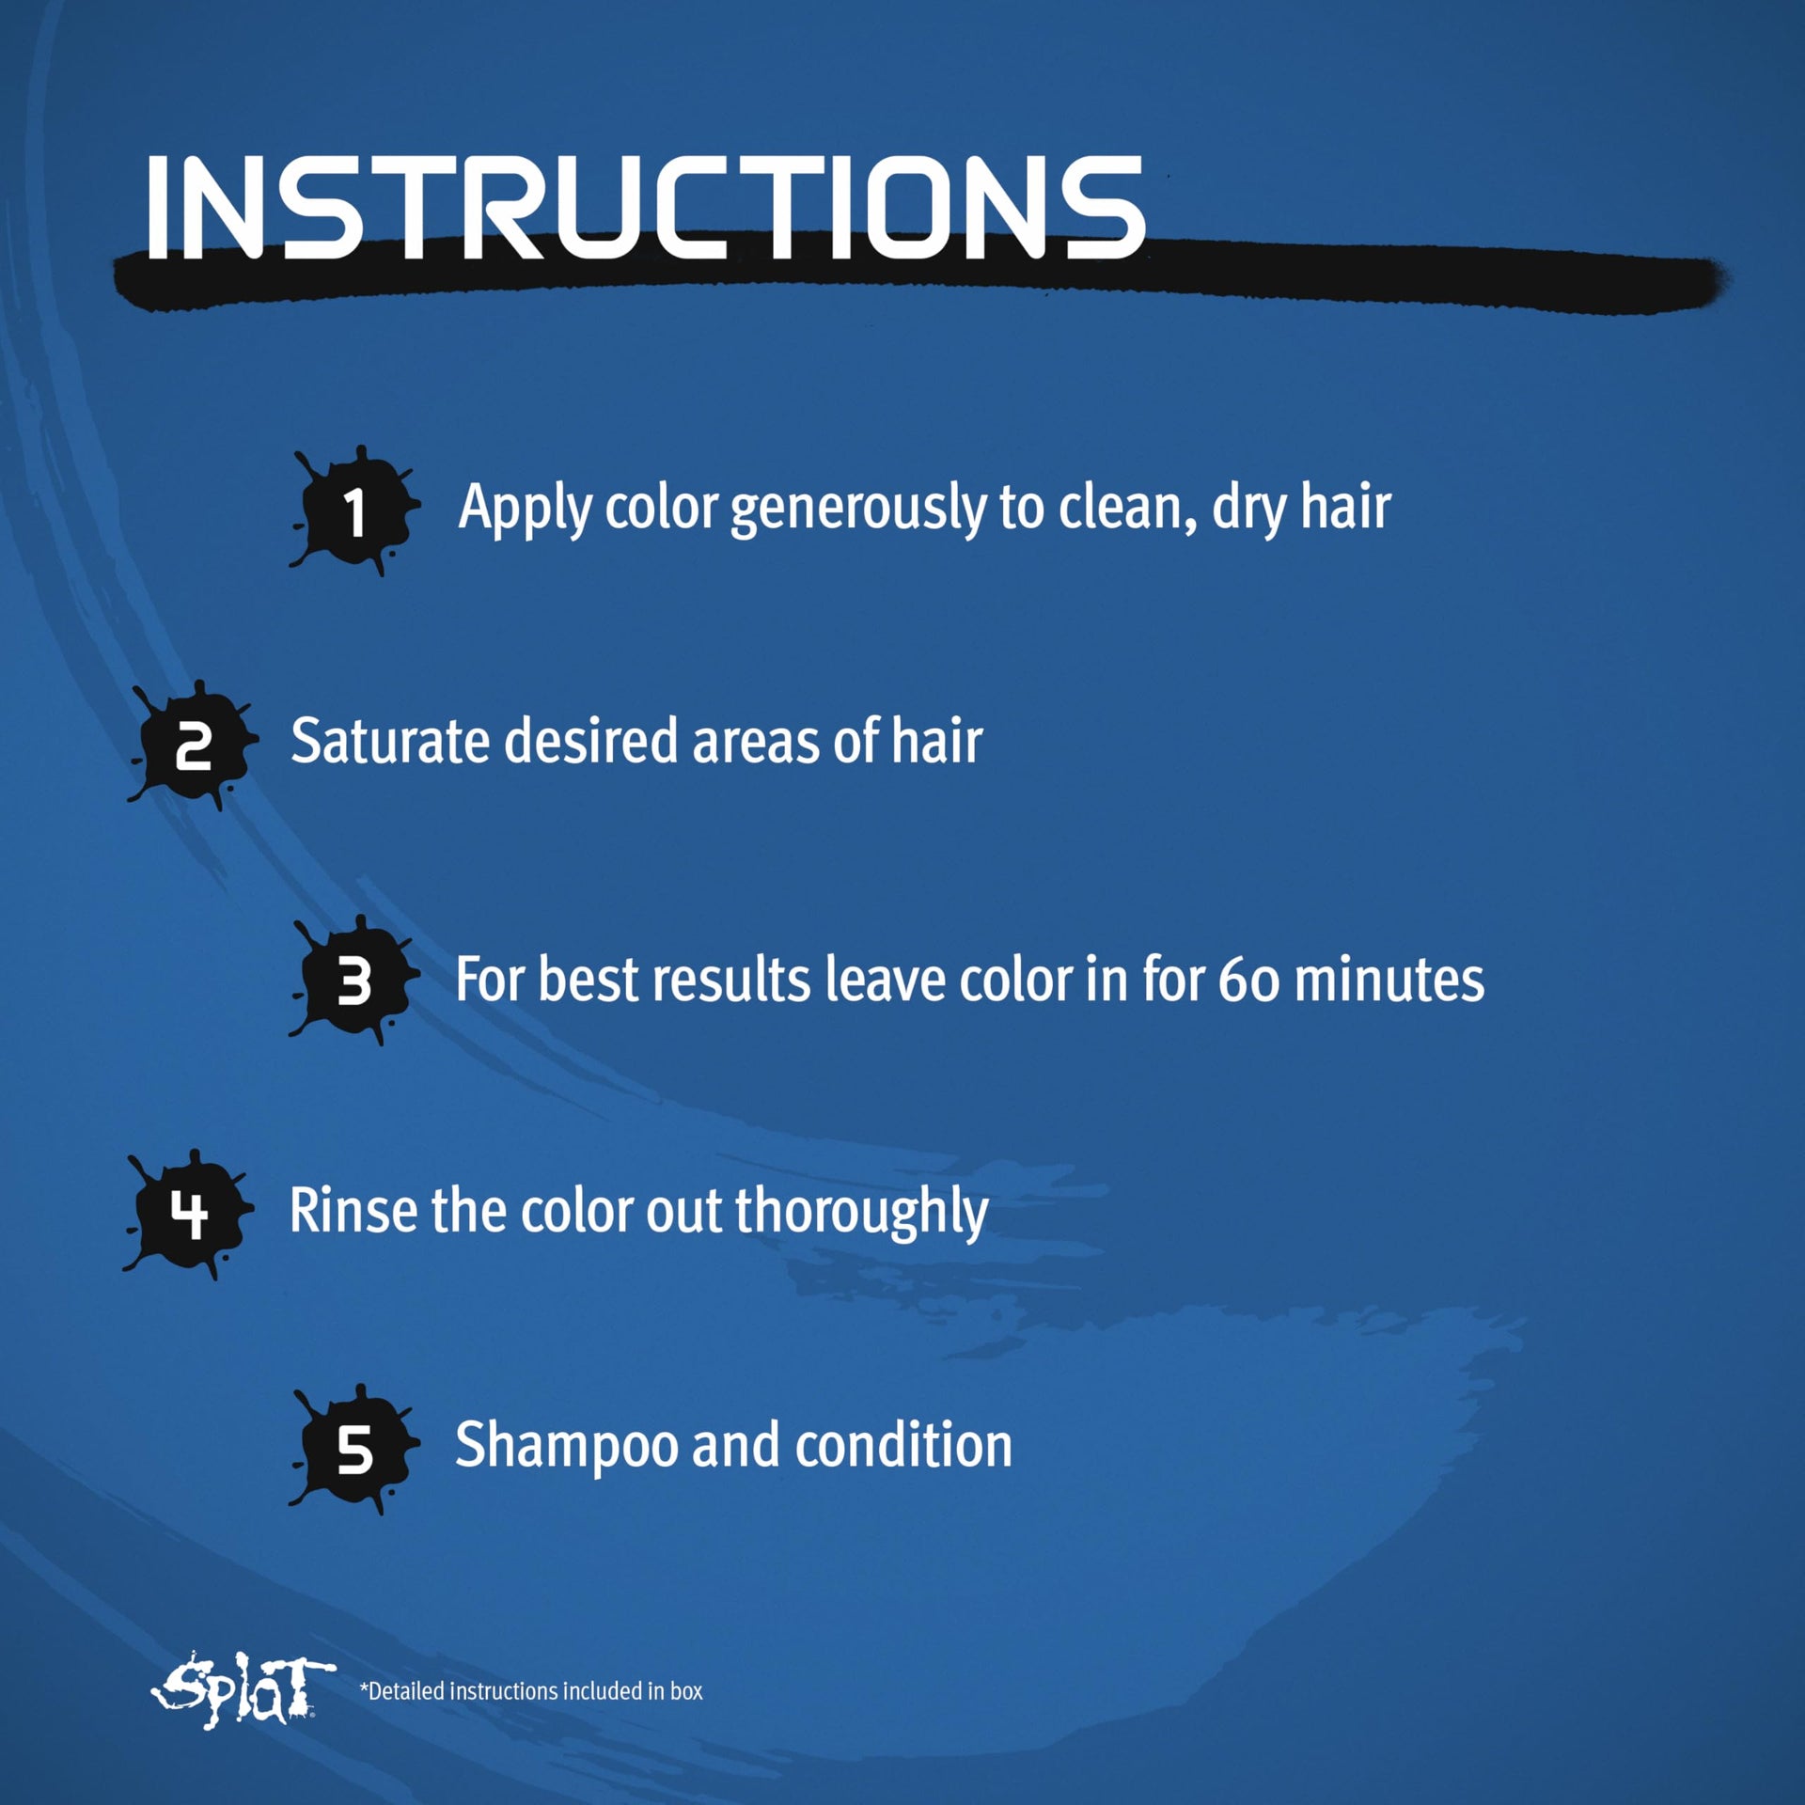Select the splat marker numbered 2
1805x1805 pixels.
click(x=193, y=746)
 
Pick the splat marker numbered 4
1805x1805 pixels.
click(x=189, y=1215)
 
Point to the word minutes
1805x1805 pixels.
click(x=1389, y=980)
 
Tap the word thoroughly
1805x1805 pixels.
click(x=861, y=1213)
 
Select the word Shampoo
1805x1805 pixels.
click(x=566, y=1448)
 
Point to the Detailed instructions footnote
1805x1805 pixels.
click(x=531, y=1691)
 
